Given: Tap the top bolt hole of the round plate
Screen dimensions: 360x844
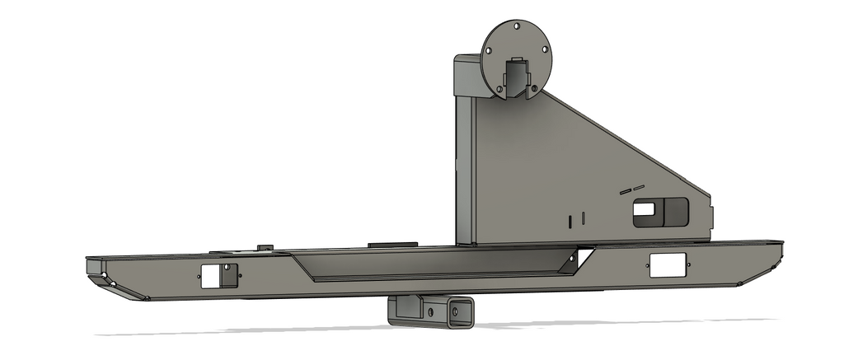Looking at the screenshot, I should tap(516, 26).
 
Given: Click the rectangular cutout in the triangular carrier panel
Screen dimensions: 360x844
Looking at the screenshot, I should tap(660, 212).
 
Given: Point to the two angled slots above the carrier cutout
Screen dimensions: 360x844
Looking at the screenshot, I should tap(631, 189).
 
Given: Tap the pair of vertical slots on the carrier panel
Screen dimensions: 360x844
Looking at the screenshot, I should tap(575, 219).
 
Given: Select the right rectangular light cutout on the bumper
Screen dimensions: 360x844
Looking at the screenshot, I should tap(667, 264).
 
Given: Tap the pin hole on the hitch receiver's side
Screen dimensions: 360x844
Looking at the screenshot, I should tap(429, 312).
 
